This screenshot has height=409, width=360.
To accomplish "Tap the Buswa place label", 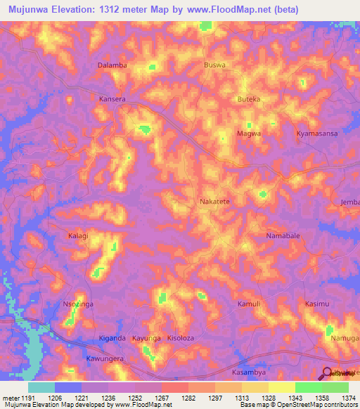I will click(x=214, y=65).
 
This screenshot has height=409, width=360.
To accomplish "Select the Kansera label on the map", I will click(x=112, y=99).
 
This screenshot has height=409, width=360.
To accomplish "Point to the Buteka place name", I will click(x=249, y=99).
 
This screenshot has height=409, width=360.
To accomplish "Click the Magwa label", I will click(x=249, y=133).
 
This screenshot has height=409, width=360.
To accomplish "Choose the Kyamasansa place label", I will click(x=317, y=133).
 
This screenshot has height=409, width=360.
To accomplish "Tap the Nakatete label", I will click(x=215, y=201).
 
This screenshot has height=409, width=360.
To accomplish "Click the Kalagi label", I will click(x=78, y=235).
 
